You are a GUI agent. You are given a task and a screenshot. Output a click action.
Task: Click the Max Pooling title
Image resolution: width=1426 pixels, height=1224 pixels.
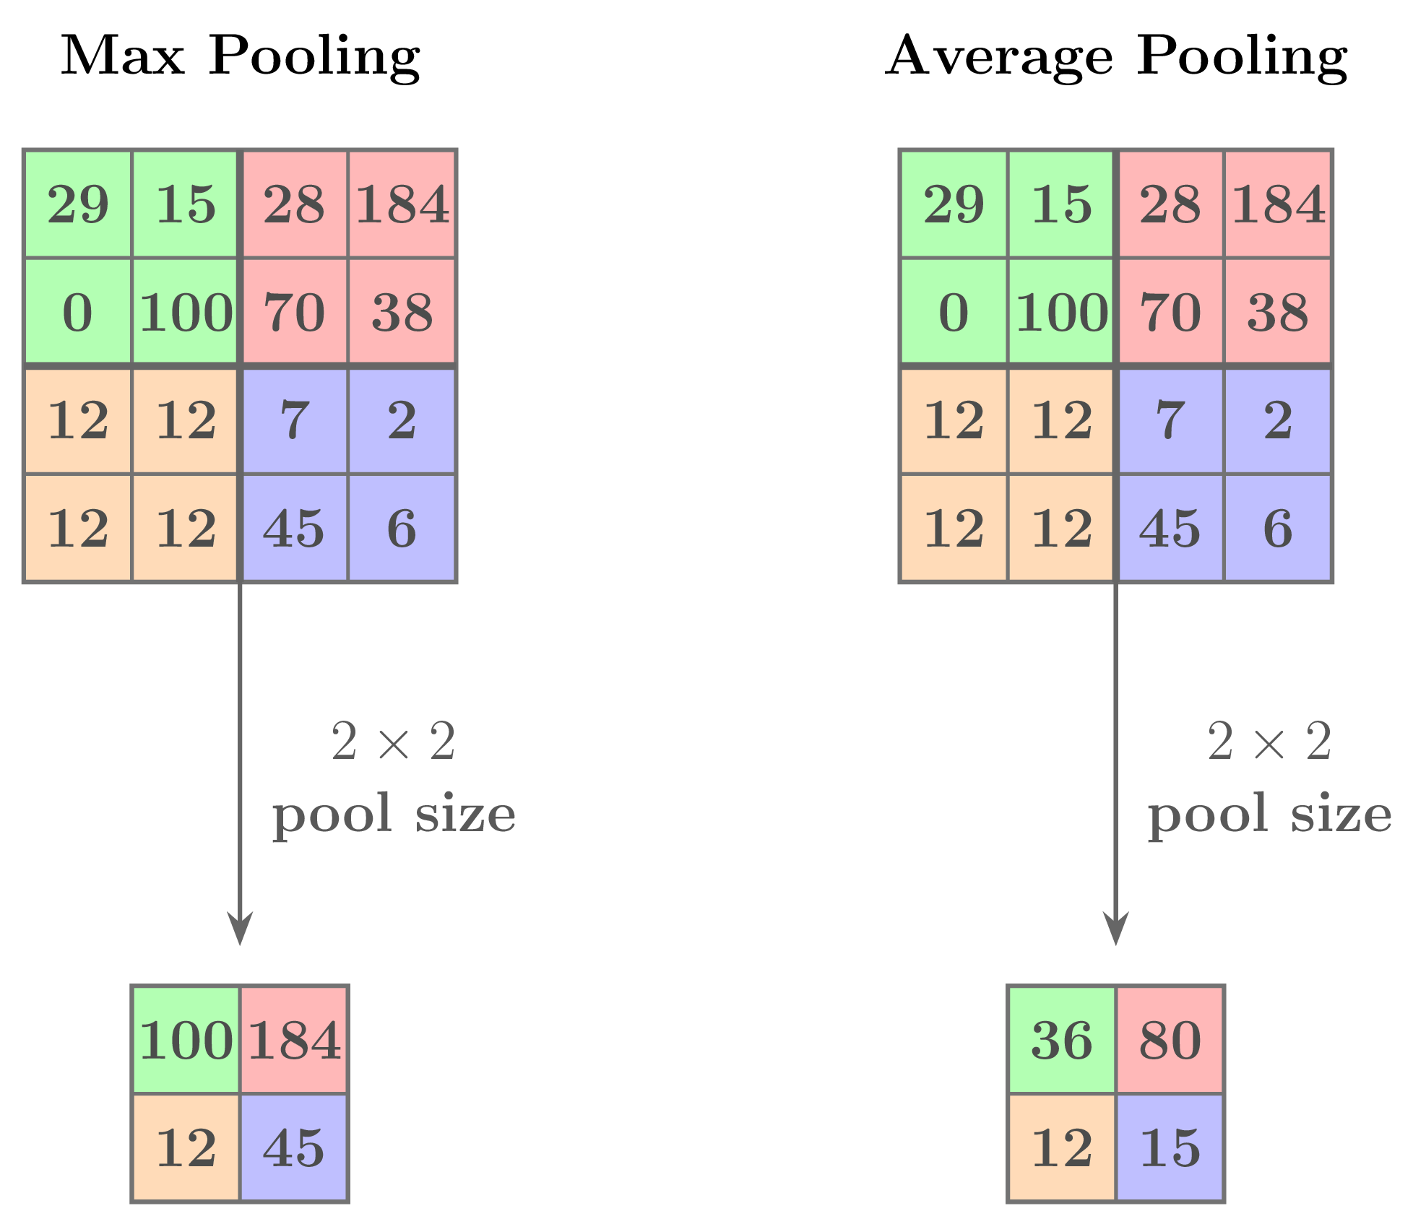click(240, 56)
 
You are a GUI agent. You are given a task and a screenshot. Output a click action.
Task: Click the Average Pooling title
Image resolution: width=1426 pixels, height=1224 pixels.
click(1116, 56)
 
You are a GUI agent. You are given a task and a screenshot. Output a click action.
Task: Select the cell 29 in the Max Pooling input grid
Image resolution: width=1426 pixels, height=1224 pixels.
click(78, 204)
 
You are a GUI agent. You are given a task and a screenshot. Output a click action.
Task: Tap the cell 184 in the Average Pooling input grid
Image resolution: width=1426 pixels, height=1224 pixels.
click(1278, 204)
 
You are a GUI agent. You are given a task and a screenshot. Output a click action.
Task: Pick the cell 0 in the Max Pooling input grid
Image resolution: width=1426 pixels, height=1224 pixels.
click(78, 312)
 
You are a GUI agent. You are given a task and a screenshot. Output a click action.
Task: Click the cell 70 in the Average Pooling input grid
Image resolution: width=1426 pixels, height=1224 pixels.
click(1170, 312)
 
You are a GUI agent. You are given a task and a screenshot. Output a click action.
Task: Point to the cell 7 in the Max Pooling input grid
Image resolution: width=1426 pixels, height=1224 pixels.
click(294, 420)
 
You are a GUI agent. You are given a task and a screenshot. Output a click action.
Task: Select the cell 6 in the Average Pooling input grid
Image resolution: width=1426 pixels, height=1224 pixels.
click(1278, 529)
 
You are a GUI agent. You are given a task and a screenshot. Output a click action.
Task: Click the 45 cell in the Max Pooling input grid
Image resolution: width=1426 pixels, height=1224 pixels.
click(294, 529)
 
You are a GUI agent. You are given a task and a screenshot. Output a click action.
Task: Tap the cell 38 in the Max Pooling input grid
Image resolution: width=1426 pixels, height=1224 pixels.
click(402, 312)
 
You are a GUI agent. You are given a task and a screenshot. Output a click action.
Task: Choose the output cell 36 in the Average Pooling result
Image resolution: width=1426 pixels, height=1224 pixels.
click(1062, 1040)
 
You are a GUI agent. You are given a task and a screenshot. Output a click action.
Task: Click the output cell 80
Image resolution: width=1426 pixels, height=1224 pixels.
click(1170, 1040)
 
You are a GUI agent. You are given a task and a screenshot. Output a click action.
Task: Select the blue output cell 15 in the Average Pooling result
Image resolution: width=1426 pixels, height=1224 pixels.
click(1170, 1147)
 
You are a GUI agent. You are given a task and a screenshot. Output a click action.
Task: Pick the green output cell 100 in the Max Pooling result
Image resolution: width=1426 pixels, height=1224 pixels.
click(186, 1040)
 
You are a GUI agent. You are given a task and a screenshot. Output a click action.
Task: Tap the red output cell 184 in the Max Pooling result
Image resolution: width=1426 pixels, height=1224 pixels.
click(294, 1040)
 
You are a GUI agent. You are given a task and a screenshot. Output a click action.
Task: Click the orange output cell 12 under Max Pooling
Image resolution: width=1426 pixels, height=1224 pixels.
click(186, 1147)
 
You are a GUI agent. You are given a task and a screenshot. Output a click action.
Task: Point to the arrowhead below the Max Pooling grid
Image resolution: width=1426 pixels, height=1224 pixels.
click(240, 928)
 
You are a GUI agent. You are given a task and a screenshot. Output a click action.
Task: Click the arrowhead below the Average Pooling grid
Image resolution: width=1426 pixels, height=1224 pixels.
click(1116, 928)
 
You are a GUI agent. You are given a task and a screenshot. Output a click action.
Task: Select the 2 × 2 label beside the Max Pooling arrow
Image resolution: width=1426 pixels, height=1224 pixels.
click(394, 742)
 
